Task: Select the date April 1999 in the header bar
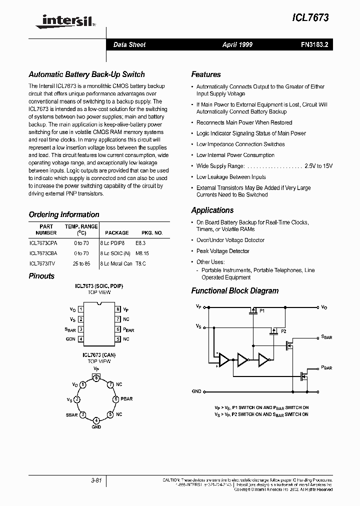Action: [237, 44]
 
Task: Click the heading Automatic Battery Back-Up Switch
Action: [86, 74]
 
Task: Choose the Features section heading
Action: [205, 74]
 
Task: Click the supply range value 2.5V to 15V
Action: [318, 166]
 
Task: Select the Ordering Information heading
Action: [64, 214]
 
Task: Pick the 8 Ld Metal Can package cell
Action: [116, 263]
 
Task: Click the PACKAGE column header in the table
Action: [116, 232]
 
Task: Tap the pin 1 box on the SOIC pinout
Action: [80, 309]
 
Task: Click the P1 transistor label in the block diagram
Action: [261, 311]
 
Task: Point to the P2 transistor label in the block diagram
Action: [283, 331]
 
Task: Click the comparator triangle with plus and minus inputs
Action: [223, 360]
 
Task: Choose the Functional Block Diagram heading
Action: [234, 291]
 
